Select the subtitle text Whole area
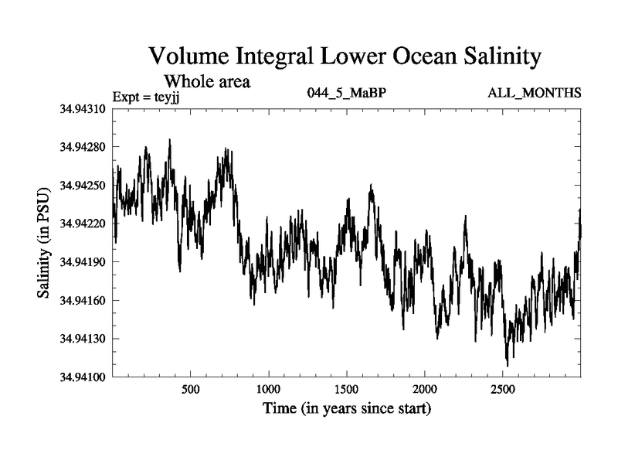207,80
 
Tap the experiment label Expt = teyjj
151,96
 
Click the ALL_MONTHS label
534,94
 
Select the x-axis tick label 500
191,388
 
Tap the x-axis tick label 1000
268,388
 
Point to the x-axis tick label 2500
503,388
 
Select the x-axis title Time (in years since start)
347,408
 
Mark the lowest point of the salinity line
508,366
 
